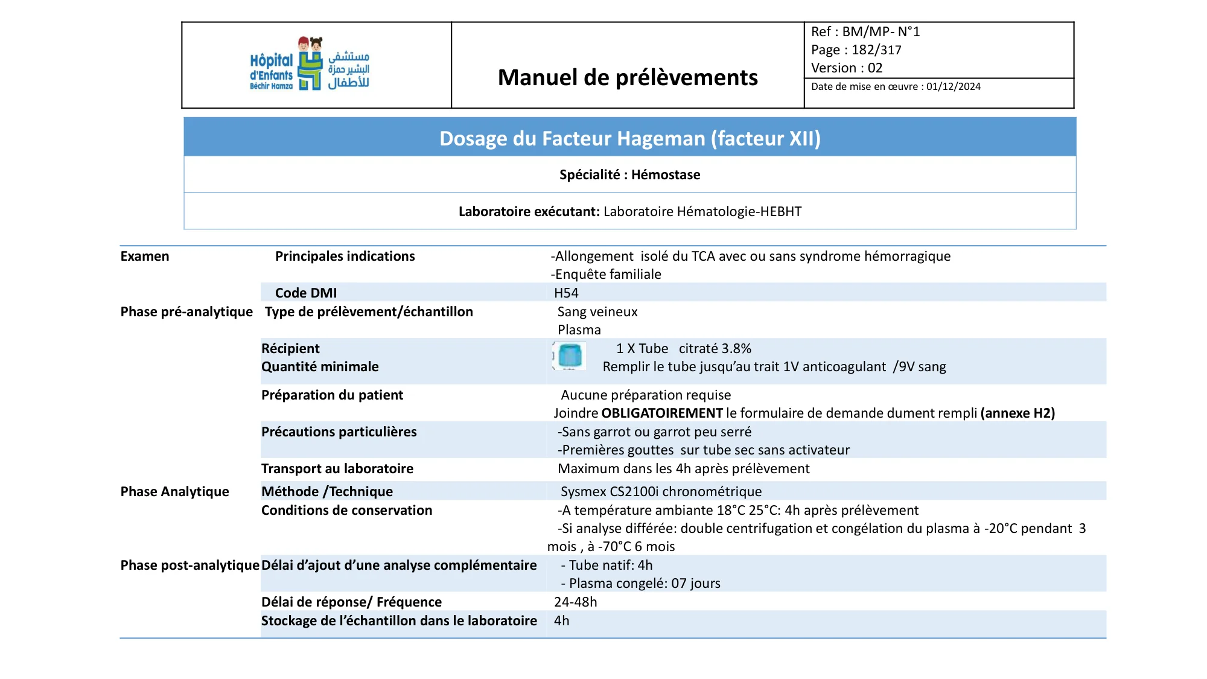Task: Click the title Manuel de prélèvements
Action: [628, 78]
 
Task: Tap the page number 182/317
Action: [876, 50]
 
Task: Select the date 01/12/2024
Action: [954, 87]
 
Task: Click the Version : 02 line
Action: [847, 68]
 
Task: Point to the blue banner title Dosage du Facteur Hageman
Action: [629, 138]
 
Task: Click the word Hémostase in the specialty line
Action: [666, 175]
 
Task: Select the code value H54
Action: [566, 293]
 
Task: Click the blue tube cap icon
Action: [569, 355]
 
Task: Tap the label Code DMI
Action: [306, 293]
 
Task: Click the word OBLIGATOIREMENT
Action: [662, 413]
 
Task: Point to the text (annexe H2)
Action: [1018, 413]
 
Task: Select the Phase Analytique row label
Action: [174, 492]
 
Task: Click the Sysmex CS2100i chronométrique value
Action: [661, 492]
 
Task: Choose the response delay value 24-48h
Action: [576, 602]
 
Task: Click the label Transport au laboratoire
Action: [337, 469]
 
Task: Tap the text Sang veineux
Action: [597, 312]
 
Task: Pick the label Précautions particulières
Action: [339, 432]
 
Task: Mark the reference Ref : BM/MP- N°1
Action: [865, 32]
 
